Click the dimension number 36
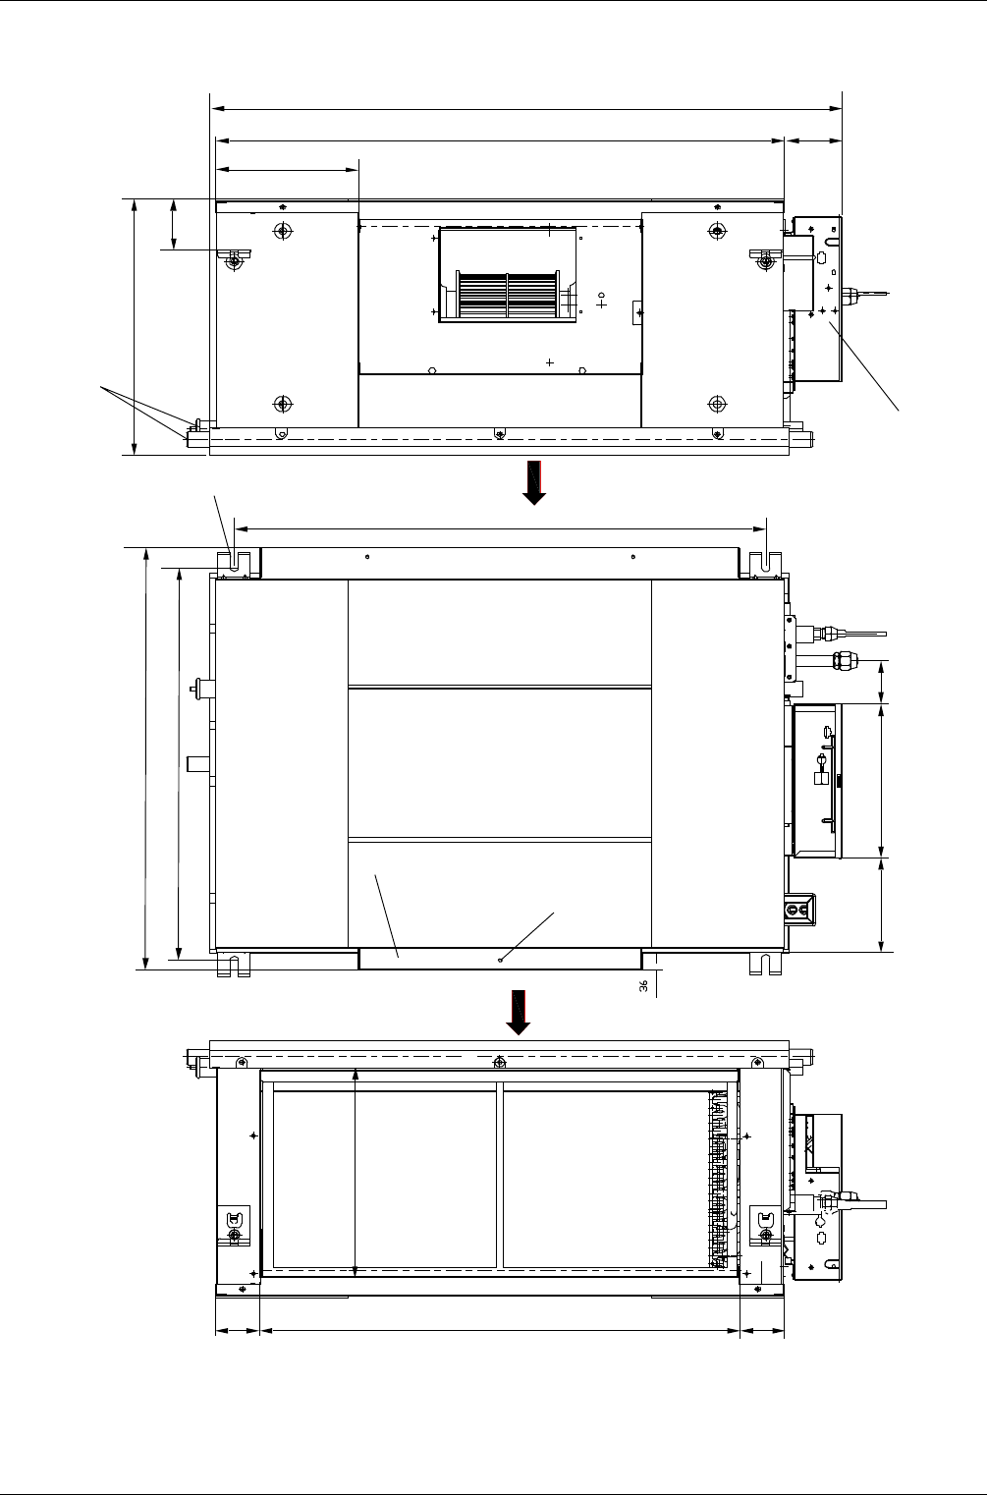click(643, 986)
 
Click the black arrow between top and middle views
click(534, 482)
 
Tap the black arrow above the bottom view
click(518, 1013)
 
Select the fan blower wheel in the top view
click(507, 295)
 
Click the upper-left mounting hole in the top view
click(283, 231)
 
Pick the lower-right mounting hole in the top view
click(717, 404)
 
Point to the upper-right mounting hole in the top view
click(717, 231)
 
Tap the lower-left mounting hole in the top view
click(283, 404)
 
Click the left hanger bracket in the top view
click(234, 259)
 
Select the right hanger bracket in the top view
click(766, 259)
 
